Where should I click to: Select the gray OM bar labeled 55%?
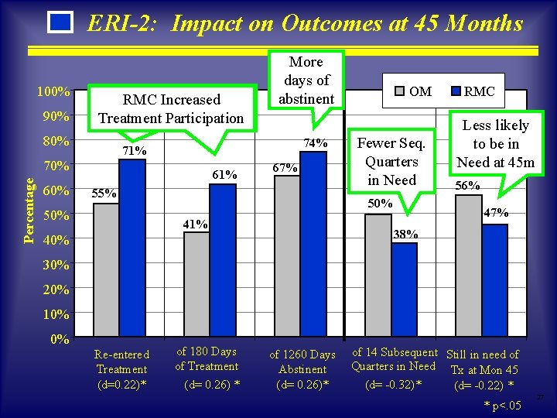coord(106,271)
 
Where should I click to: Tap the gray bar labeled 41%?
coord(196,286)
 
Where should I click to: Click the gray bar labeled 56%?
coord(468,267)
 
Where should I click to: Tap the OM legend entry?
coord(414,91)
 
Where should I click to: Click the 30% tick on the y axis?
coord(57,266)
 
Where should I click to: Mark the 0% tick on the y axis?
coord(60,339)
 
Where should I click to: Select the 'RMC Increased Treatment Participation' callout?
coord(171,109)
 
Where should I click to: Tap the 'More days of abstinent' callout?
coord(306,80)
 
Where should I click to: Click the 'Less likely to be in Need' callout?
coord(495,144)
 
